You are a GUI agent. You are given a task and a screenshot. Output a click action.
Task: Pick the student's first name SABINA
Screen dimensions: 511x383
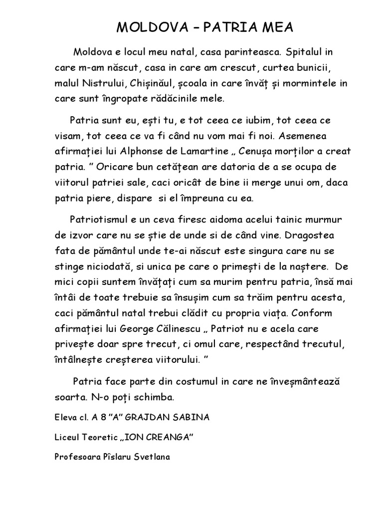(192, 417)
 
